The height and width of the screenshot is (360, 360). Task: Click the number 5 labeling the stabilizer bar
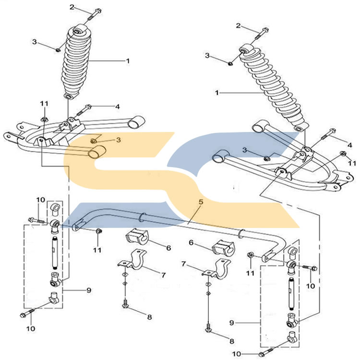tap(201, 202)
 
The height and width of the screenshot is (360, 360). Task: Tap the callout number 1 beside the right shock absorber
tap(216, 92)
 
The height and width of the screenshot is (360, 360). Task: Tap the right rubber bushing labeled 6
tap(222, 246)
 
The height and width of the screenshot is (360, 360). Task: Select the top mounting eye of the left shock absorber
tap(76, 33)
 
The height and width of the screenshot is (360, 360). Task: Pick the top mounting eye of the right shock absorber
tap(245, 48)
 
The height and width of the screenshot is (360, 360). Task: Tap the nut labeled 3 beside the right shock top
tap(230, 62)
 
